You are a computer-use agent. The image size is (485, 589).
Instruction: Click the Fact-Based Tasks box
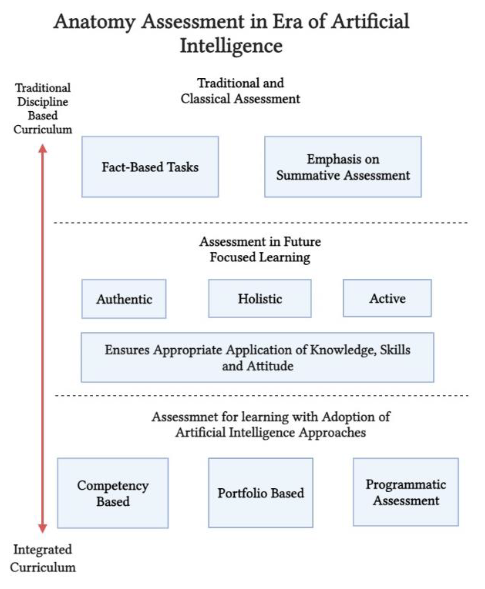[x=150, y=167]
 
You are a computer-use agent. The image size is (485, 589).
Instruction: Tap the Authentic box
[x=124, y=299]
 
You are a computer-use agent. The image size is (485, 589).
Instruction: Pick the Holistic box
[x=260, y=298]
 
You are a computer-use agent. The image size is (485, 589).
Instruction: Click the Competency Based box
[x=113, y=493]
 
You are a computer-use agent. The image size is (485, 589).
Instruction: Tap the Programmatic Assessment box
[x=406, y=492]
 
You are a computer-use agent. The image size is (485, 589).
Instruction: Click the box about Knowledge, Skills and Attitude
[x=257, y=358]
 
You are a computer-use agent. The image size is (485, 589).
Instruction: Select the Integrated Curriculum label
[x=43, y=558]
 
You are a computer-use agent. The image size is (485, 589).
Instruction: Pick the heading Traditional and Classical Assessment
[x=240, y=91]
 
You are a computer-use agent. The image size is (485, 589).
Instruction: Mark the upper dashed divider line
[x=260, y=223]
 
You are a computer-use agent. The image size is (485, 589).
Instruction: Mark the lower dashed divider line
[x=261, y=396]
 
